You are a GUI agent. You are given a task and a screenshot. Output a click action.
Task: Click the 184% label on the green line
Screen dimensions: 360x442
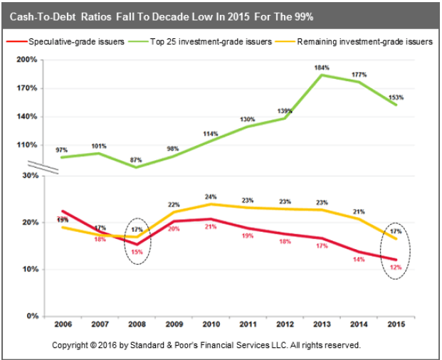point(322,68)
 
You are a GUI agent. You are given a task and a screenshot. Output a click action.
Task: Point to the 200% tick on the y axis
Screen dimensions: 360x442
point(28,60)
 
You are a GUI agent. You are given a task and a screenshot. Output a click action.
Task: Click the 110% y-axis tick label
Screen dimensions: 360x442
point(28,145)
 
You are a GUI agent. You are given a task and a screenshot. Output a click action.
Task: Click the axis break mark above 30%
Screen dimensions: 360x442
point(46,167)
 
